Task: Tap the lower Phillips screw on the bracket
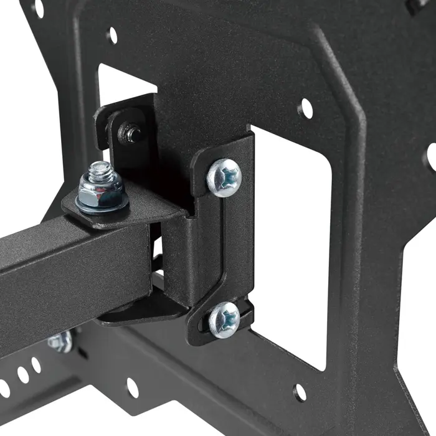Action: (224, 320)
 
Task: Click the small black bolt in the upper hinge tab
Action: (130, 131)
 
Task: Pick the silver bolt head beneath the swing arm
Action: (60, 341)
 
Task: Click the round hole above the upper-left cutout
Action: (113, 35)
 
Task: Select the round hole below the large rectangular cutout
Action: (300, 392)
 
